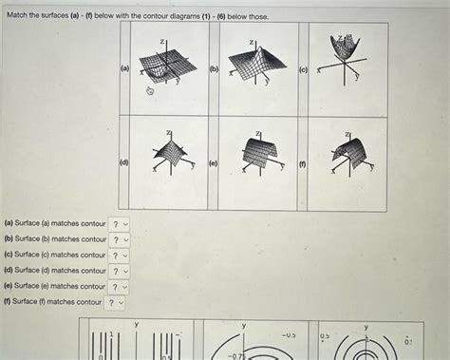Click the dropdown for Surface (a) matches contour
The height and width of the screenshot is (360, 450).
120,224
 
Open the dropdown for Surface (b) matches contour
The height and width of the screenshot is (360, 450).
120,239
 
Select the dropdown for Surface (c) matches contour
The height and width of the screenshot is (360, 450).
120,255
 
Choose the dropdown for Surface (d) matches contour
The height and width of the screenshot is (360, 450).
120,271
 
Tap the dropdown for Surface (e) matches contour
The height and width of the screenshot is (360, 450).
120,286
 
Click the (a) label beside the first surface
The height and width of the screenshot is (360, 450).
124,69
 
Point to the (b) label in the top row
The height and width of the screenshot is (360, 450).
215,69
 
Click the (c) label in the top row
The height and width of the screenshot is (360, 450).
303,69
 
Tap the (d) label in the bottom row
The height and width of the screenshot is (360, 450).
124,163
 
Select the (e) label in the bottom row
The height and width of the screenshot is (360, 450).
215,163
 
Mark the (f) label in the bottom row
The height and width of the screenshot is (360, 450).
303,163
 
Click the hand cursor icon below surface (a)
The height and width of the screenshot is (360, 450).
149,91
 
